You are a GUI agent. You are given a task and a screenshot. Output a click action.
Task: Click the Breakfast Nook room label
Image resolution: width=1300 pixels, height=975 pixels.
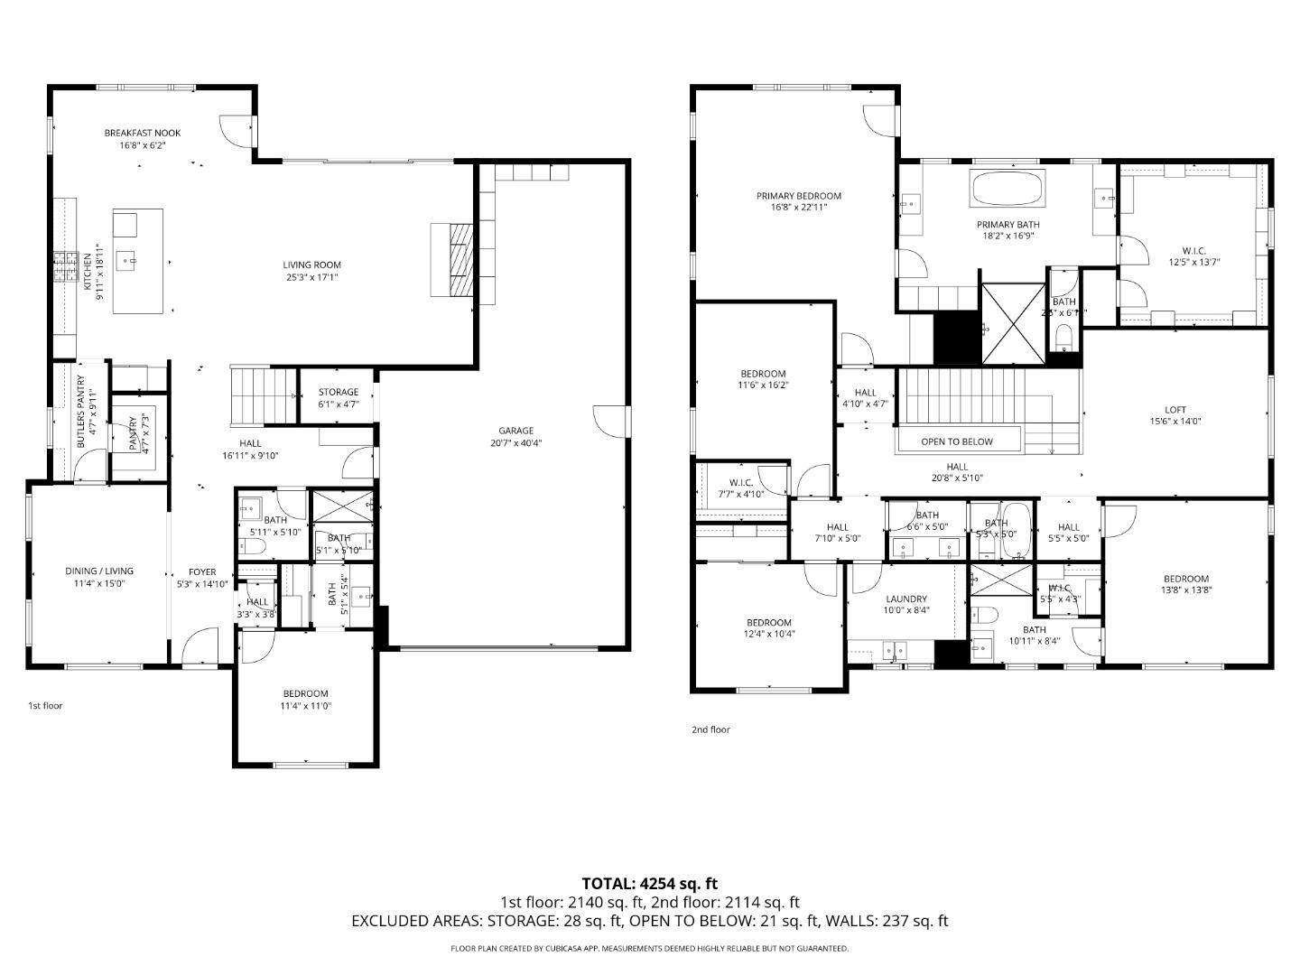click(x=143, y=133)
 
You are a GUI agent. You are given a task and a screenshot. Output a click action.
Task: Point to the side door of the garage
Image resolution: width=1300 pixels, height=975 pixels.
click(x=610, y=421)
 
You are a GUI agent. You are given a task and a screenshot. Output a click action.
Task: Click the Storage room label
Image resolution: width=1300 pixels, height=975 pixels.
click(x=339, y=392)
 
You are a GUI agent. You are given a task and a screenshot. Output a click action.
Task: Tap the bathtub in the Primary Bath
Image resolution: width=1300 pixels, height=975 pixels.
click(x=1007, y=189)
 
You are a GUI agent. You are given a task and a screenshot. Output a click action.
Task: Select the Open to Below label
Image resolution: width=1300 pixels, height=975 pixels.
click(x=957, y=441)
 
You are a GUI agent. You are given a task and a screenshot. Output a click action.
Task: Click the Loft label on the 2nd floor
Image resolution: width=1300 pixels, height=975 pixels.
click(x=1175, y=409)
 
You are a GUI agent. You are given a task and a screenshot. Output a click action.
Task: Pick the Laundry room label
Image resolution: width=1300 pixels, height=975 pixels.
click(x=906, y=599)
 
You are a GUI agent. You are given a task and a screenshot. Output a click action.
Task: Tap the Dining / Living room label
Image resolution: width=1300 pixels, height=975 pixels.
click(x=99, y=571)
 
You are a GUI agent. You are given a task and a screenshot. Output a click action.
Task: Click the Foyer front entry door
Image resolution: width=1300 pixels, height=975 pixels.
click(x=200, y=648)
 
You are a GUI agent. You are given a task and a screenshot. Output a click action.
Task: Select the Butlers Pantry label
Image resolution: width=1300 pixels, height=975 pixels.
click(x=80, y=412)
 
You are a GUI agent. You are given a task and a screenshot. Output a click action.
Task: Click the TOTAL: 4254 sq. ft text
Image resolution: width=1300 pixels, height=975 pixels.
click(x=650, y=884)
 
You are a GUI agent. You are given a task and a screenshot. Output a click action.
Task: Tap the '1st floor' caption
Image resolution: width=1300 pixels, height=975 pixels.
click(x=45, y=705)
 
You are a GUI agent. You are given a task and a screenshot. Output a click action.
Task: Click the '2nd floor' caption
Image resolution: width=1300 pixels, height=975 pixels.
click(x=710, y=729)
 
